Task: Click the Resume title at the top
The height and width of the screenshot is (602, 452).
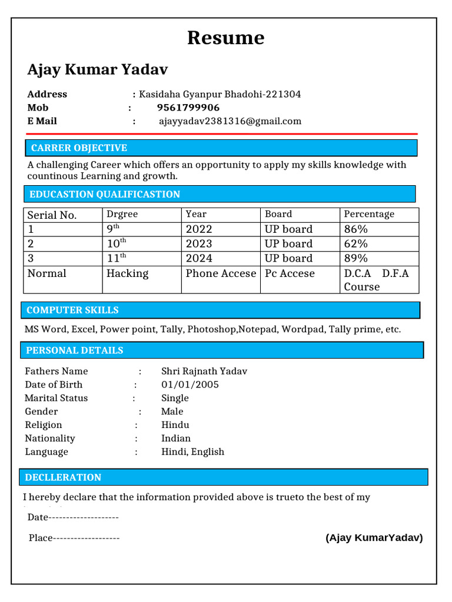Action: [225, 38]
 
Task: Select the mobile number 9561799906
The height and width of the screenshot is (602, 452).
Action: [188, 108]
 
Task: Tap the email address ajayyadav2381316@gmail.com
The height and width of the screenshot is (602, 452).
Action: [230, 121]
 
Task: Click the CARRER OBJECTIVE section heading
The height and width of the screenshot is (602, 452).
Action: [79, 148]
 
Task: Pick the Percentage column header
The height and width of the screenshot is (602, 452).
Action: [369, 215]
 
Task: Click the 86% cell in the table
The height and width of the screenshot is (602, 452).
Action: [356, 229]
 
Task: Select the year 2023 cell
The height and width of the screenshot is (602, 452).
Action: [199, 243]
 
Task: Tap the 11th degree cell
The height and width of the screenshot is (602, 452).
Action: [117, 258]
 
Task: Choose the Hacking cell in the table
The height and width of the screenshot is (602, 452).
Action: [128, 273]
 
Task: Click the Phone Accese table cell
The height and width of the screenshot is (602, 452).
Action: [221, 273]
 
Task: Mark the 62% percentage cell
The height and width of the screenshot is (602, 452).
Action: [356, 243]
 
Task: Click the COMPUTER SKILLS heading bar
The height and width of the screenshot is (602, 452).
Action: [72, 310]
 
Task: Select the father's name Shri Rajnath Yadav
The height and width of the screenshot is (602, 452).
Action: [204, 371]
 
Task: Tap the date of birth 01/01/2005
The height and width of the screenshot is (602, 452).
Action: [190, 384]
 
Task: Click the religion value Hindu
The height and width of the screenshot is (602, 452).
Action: [175, 425]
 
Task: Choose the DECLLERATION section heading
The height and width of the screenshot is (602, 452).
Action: [63, 477]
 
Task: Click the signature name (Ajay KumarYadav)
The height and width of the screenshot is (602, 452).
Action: [374, 537]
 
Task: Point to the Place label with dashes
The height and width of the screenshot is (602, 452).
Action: [74, 538]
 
